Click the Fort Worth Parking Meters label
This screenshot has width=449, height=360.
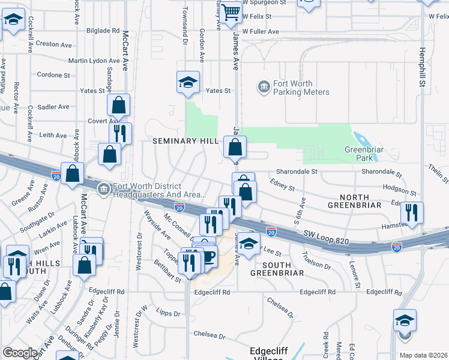pyautogui.click(x=301, y=88)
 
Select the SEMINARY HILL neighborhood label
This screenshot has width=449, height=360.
pyautogui.click(x=184, y=141)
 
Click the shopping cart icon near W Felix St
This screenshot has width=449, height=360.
pyautogui.click(x=231, y=13)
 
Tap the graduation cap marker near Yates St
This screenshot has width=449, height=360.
pyautogui.click(x=188, y=83)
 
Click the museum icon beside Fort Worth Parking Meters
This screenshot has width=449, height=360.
pyautogui.click(x=263, y=88)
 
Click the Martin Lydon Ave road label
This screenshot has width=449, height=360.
pyautogui.click(x=94, y=61)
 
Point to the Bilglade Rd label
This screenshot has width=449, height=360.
pyautogui.click(x=103, y=30)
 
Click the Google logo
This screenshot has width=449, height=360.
pyautogui.click(x=20, y=353)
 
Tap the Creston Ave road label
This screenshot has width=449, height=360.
pyautogui.click(x=56, y=44)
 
